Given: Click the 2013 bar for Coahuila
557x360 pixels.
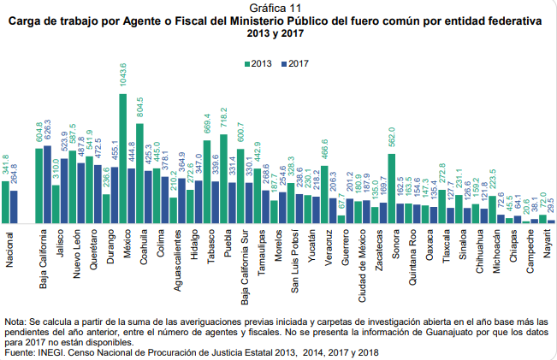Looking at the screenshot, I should point(139,174).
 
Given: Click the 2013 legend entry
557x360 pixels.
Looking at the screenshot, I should point(258,64).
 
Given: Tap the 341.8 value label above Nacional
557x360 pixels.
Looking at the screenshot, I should point(5,165).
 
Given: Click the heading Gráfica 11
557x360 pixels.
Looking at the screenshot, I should point(279,8).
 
